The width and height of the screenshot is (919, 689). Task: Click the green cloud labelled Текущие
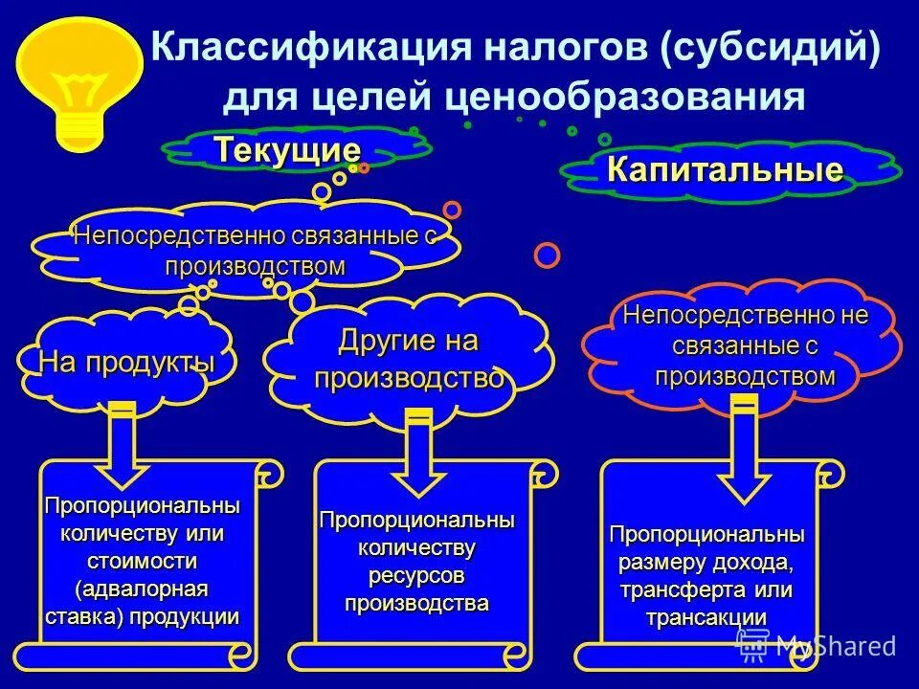(x=287, y=150)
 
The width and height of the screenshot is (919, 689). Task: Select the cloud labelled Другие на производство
(x=409, y=359)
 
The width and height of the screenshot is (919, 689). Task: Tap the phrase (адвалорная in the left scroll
(x=143, y=587)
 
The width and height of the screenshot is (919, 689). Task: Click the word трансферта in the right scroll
(x=684, y=589)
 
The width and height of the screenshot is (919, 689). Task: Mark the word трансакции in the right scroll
(x=706, y=617)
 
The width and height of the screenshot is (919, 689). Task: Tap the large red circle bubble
(x=547, y=255)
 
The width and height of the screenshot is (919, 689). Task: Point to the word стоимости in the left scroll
(x=143, y=560)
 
